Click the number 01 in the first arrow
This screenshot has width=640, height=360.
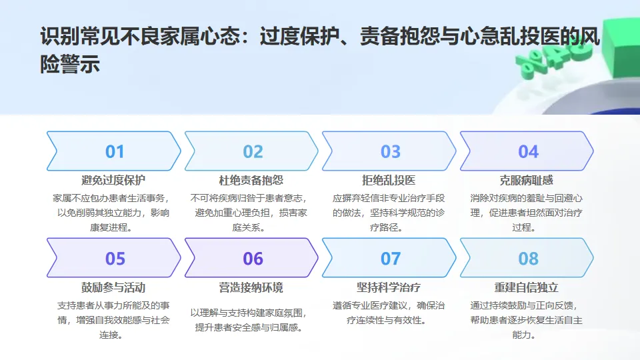tap(115, 151)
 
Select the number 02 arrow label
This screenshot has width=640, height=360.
tap(253, 151)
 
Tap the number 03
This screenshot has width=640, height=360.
tap(391, 151)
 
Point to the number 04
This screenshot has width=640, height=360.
tap(528, 151)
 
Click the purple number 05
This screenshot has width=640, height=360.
tap(115, 258)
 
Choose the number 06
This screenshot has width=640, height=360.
tap(253, 258)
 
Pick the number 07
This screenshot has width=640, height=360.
tap(391, 258)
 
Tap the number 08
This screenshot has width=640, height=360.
tap(528, 258)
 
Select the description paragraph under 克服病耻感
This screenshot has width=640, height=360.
tap(526, 212)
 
